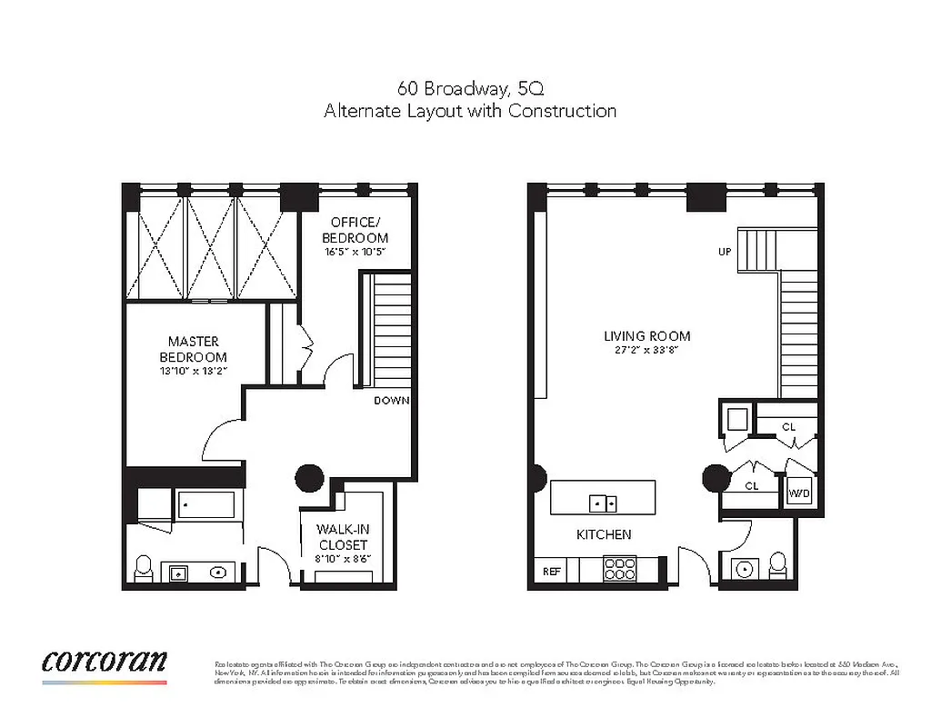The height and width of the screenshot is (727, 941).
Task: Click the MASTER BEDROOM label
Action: click(193, 349)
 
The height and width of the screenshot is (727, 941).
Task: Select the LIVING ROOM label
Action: click(646, 335)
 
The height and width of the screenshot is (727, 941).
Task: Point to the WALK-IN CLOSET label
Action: click(342, 536)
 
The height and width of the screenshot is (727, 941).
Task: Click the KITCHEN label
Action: click(604, 534)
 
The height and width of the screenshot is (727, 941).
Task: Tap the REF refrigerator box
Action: click(551, 572)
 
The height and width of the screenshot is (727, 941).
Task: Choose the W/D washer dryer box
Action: click(799, 493)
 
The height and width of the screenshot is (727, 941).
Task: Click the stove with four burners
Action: click(620, 569)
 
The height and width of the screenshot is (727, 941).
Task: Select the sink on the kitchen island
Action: click(603, 502)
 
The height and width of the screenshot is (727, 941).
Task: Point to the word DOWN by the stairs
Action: click(391, 401)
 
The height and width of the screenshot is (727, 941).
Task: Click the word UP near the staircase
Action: click(725, 252)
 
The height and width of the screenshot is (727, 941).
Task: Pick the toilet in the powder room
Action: click(778, 564)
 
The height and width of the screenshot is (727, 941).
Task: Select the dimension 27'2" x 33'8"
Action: click(641, 348)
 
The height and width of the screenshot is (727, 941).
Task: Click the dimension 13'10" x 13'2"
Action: click(194, 371)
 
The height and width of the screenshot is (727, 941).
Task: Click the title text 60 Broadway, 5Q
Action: click(470, 89)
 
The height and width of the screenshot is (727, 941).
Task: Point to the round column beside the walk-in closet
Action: click(309, 476)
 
